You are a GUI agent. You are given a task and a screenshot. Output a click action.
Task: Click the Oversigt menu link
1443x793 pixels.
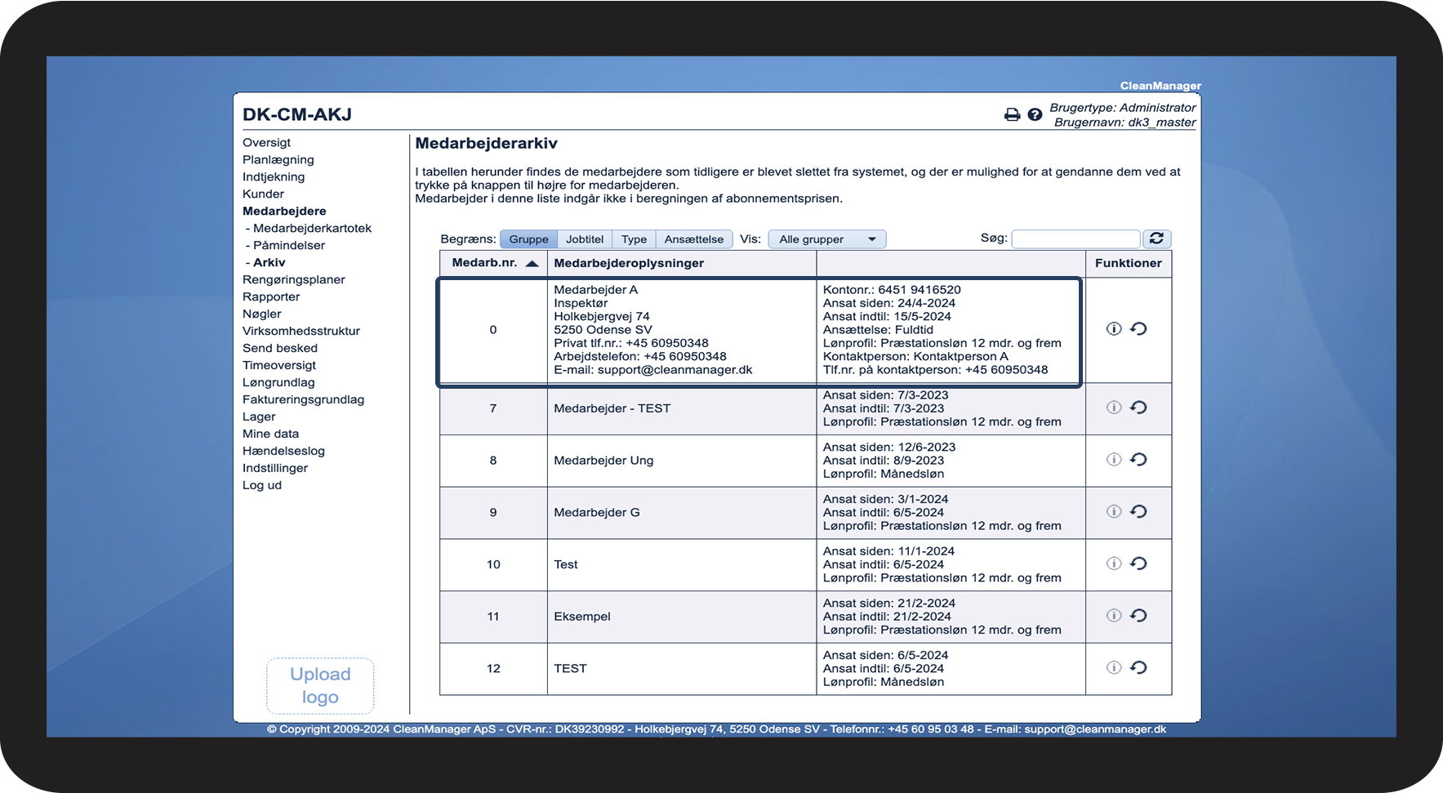(266, 142)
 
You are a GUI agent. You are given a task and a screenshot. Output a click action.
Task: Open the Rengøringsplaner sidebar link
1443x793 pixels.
(293, 279)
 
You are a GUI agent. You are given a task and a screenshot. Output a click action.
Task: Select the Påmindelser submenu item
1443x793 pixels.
(288, 245)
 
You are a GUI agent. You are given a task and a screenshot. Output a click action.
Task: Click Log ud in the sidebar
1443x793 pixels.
(261, 485)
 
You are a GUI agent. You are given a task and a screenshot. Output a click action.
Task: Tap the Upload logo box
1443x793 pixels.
(320, 686)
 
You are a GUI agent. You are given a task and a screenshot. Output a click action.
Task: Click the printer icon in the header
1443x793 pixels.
(1012, 115)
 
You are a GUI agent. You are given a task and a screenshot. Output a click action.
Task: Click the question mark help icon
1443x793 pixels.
(1035, 115)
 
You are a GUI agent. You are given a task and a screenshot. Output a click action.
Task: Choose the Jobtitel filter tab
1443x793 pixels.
(585, 239)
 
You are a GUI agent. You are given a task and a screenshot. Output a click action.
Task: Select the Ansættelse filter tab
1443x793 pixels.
(693, 239)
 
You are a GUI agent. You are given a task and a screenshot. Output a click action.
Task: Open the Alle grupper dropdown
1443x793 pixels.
(826, 239)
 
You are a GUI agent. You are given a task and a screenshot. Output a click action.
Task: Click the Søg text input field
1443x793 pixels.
(1075, 238)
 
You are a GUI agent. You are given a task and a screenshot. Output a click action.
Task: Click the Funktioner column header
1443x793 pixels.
(1128, 263)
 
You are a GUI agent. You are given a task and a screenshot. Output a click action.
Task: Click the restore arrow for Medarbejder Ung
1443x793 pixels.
(1138, 460)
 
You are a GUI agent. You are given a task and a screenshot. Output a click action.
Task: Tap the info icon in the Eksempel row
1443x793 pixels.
(1113, 616)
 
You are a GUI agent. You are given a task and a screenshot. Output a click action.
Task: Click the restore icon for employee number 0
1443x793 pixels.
(1138, 329)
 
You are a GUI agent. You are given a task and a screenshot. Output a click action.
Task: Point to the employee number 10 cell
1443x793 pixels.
(493, 564)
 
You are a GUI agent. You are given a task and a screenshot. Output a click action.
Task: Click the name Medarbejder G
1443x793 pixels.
(597, 512)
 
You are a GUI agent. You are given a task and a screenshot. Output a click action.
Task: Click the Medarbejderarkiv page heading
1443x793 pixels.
(486, 144)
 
